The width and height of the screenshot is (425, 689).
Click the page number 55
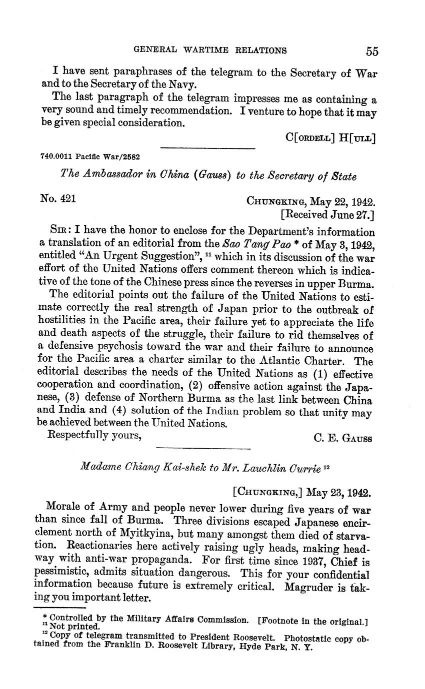click(371, 51)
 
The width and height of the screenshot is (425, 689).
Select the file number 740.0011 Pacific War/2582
click(90, 156)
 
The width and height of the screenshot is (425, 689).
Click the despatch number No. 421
click(57, 199)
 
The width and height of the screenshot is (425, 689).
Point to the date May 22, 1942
click(342, 202)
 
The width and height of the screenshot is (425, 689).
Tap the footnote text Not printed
click(76, 625)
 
